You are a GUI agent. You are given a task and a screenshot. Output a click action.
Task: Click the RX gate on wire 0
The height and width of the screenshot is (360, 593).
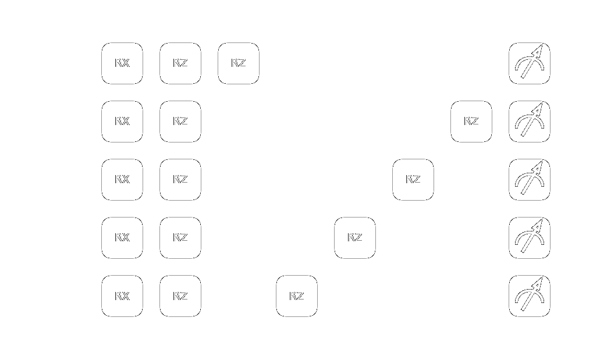pos(122,63)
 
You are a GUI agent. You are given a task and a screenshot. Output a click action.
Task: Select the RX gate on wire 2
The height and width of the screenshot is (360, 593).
pos(122,180)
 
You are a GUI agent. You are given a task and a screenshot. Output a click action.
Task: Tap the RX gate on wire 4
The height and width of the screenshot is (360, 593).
pos(122,296)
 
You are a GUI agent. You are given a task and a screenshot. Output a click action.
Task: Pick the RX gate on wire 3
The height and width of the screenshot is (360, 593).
pos(122,238)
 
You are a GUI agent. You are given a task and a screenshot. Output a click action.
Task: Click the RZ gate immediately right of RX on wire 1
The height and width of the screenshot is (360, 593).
pos(180,122)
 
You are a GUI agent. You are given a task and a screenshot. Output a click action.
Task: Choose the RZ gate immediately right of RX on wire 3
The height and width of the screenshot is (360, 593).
pos(180,238)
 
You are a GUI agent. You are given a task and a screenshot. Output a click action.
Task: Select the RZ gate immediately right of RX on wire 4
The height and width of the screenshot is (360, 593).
pos(180,296)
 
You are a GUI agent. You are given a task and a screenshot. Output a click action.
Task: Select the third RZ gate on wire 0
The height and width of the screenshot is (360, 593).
pos(239,63)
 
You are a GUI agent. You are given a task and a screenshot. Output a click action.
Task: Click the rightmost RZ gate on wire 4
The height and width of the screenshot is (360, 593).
pos(297,296)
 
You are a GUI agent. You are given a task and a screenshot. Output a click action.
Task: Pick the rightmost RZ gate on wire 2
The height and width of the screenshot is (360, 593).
pos(413,180)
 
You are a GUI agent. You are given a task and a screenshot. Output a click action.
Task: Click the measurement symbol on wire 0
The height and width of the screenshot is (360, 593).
pos(530,63)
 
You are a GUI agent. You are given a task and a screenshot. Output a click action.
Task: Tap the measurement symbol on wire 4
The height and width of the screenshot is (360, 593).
pos(530,296)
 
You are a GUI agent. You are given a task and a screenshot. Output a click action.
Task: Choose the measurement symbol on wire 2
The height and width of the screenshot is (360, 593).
pos(530,180)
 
